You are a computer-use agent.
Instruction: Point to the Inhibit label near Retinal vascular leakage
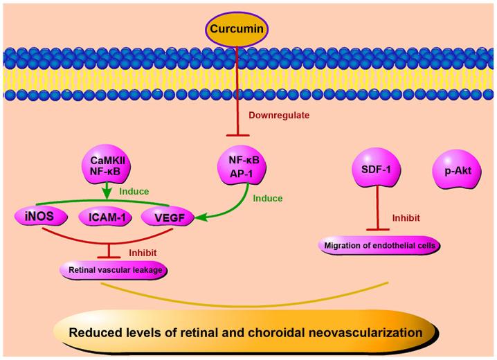point(143,251)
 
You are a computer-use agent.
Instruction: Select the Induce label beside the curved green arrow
point(267,198)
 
